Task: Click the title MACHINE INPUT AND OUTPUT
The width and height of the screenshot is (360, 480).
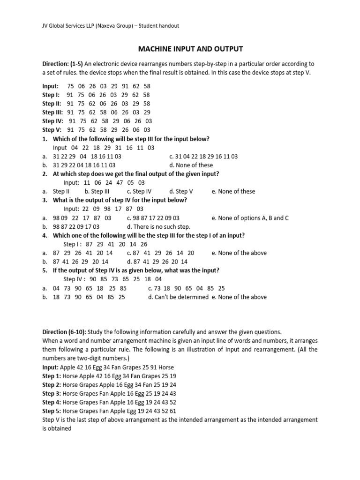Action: pyautogui.click(x=190, y=49)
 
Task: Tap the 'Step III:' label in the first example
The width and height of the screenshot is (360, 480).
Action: pyautogui.click(x=52, y=112)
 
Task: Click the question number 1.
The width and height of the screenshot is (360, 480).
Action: pyautogui.click(x=45, y=139)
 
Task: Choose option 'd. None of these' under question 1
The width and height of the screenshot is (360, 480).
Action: pyautogui.click(x=191, y=165)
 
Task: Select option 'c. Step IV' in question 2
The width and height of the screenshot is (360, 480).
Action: pyautogui.click(x=139, y=191)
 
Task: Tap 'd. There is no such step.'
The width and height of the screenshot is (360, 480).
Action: pyautogui.click(x=158, y=226)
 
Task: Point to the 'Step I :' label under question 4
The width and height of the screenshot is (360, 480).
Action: pyautogui.click(x=73, y=244)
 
